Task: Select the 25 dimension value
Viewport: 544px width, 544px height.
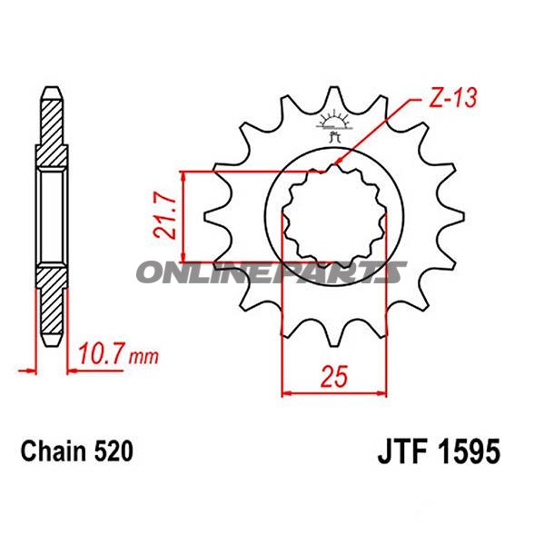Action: click(x=333, y=375)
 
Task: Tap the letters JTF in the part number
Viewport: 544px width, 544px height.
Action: click(x=401, y=451)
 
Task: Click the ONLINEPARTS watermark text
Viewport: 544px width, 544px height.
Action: click(x=272, y=271)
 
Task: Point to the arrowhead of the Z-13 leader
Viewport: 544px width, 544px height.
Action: click(x=338, y=163)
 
